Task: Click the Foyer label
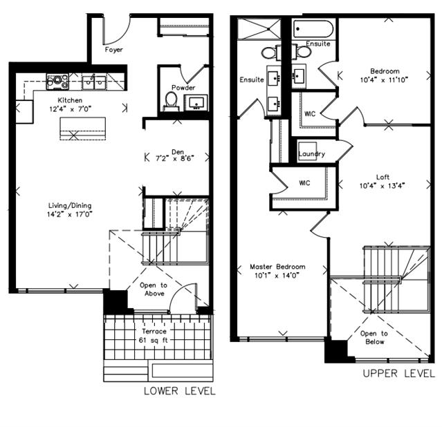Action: (114, 50)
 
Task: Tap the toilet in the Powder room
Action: (171, 102)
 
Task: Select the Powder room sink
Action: (196, 102)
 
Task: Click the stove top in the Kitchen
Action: (57, 82)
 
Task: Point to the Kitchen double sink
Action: (94, 82)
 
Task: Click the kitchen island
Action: (83, 129)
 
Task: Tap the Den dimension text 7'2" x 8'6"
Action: (175, 158)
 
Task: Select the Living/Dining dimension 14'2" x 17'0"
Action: (70, 214)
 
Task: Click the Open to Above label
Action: (154, 290)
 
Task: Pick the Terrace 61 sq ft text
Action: (154, 336)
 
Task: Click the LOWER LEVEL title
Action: (180, 391)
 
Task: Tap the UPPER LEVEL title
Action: (399, 374)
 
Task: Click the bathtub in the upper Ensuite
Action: (313, 29)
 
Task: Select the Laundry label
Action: (311, 154)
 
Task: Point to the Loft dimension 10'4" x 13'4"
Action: (383, 186)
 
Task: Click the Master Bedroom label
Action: (277, 267)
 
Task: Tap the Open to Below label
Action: (374, 337)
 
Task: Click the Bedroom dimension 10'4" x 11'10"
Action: (384, 80)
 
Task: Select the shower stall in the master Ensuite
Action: (259, 29)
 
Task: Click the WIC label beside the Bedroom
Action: (310, 114)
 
